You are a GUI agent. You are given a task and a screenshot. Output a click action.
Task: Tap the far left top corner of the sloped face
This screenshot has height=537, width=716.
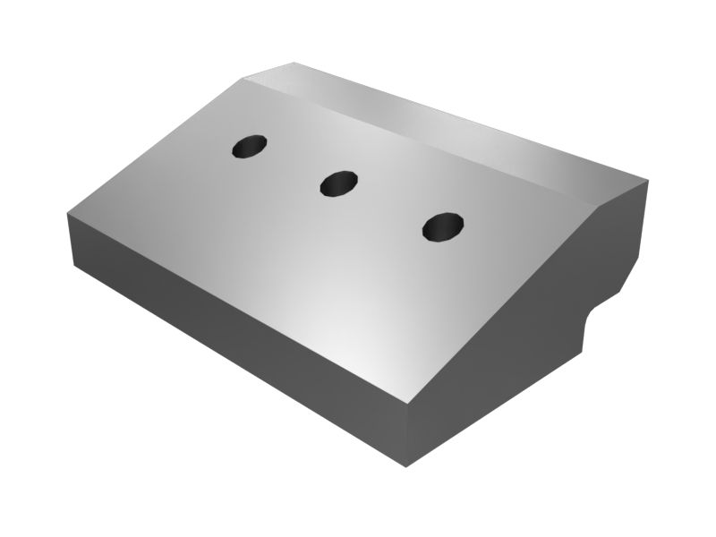coord(68,213)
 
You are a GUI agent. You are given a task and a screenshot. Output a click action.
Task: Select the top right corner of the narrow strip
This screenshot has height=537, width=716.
coord(646,179)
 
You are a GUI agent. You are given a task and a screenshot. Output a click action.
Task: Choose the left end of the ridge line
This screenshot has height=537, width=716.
coord(242,79)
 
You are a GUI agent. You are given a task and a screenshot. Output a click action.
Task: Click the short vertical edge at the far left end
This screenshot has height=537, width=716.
coord(70,239)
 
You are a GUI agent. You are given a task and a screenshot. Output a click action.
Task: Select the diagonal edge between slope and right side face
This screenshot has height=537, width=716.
coord(501,304)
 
